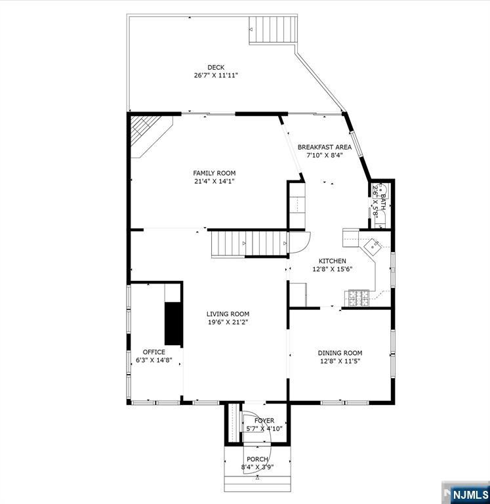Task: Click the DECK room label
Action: pos(216,68)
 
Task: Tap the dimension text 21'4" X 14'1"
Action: pos(214,181)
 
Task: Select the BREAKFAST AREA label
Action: pos(325,147)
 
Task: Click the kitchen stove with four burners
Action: pos(357,298)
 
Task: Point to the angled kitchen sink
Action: pos(373,247)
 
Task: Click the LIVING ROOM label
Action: pos(228,314)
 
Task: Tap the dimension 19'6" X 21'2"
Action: pos(228,322)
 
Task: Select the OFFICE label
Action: pos(154,352)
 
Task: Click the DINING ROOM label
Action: pos(340,353)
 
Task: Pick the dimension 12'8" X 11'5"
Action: pos(340,361)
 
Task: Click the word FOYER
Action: pos(264,421)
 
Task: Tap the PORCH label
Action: pos(257,459)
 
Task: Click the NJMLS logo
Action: pos(466,493)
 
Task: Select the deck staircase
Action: pos(272,30)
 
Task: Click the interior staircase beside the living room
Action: pos(249,243)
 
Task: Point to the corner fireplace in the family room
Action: pos(152,136)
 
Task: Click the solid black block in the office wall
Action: pos(174,324)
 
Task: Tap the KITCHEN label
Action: pos(332,261)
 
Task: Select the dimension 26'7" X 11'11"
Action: pos(216,75)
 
